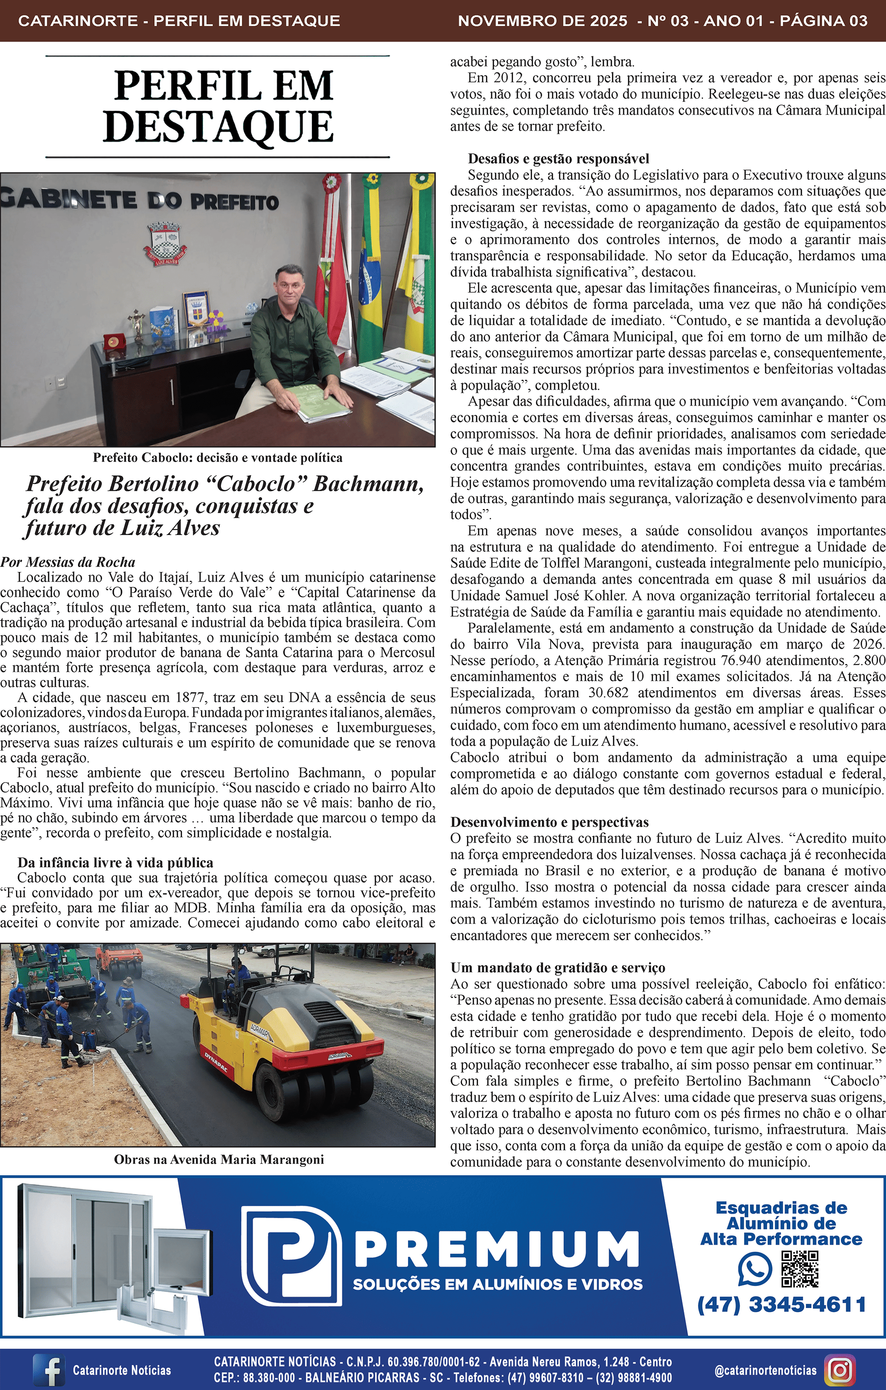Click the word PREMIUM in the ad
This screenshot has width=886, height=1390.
point(497,1250)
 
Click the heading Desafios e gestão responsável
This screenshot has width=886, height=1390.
point(558,159)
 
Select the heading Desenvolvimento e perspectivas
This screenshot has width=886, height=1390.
point(549,822)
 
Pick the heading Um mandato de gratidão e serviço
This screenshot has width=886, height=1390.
point(558,967)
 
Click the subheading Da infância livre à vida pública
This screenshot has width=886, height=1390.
point(116,862)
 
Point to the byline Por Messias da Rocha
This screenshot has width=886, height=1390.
point(68,562)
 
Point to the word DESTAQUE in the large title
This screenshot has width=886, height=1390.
point(218,127)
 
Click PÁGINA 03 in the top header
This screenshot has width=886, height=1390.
point(823,21)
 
